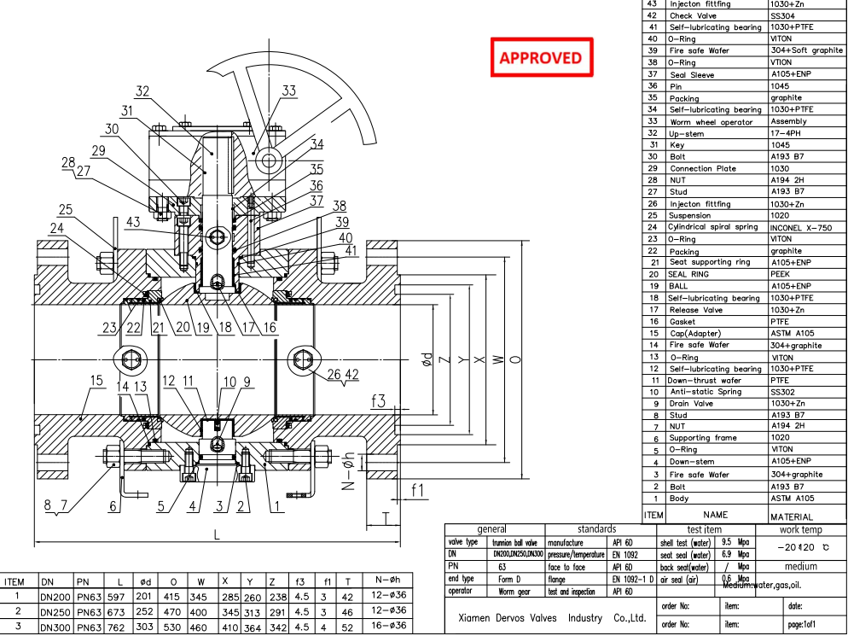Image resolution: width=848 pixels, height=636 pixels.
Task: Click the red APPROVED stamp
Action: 541,58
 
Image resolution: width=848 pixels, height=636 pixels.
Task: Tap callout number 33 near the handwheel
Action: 289,90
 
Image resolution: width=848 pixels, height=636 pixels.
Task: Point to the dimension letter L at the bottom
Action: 217,534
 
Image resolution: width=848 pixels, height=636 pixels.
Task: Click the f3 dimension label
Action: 379,400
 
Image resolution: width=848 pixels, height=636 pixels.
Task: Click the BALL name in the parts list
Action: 678,287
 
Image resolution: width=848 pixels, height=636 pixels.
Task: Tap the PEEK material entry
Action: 782,275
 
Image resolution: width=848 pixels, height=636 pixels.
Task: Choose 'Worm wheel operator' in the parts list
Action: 711,122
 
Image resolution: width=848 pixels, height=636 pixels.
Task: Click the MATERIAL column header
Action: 792,516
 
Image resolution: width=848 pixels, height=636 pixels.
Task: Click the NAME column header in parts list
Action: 715,516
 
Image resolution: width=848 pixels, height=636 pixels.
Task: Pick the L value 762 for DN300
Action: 115,627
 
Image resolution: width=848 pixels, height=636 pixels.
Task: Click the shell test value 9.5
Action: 728,542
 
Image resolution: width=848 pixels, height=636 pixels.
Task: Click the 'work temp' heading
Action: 800,530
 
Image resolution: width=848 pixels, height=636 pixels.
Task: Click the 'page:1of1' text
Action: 807,625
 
